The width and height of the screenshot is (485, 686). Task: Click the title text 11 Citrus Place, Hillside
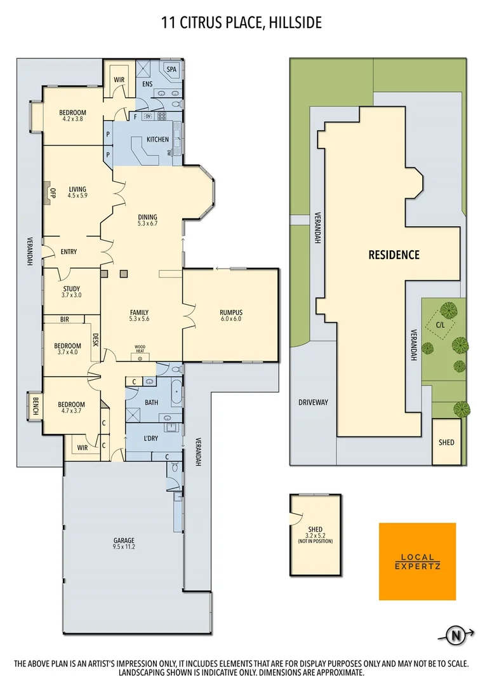242,24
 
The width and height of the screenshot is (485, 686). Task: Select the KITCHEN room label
157,139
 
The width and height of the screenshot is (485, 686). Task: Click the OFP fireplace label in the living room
53,192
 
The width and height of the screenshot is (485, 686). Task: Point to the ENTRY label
69,252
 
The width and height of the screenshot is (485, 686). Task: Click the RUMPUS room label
231,312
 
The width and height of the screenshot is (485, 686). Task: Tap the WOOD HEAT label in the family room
139,348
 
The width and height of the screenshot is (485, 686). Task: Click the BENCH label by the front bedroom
35,405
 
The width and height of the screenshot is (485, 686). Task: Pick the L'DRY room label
151,439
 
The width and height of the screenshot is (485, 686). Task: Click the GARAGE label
124,541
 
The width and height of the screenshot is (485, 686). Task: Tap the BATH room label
151,402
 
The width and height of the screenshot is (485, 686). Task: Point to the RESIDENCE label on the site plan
394,255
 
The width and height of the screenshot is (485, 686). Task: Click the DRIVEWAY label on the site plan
313,402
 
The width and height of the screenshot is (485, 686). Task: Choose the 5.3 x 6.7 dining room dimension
147,224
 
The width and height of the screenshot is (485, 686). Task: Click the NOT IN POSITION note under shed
314,541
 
